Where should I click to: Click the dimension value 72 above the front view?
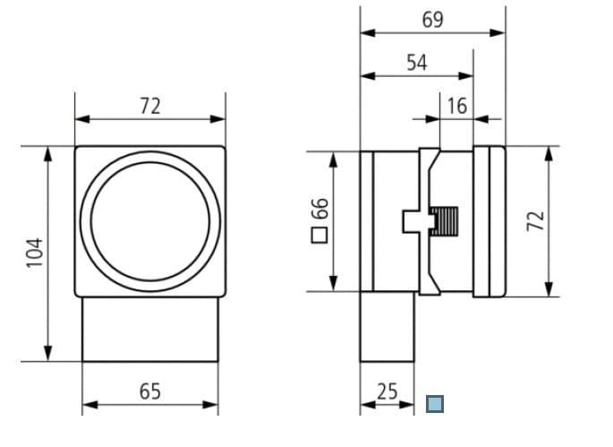pos(150,106)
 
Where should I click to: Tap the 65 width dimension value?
pos(150,391)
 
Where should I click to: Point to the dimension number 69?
pos(432,20)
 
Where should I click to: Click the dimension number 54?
pos(417,63)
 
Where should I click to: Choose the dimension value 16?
pos(456,106)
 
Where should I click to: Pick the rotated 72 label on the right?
pos(534,220)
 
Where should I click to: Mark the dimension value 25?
pos(387,391)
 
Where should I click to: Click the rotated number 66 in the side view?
pos(319,211)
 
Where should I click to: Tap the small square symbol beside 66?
pos(319,236)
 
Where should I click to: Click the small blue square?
pos(435,404)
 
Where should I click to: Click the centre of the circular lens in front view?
pos(150,220)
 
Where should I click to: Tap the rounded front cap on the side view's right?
pos(490,220)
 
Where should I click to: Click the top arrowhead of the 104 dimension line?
pos(48,153)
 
